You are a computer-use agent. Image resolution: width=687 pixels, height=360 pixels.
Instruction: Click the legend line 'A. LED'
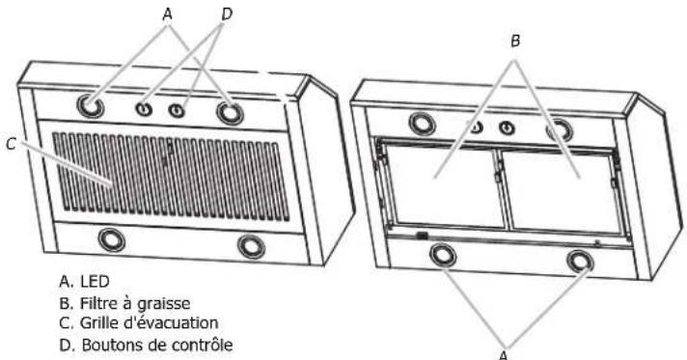pos(85,283)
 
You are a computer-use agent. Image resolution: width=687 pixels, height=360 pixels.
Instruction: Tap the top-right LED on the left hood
pos(231,114)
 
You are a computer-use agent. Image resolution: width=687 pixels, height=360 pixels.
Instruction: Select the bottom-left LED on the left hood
pos(112,238)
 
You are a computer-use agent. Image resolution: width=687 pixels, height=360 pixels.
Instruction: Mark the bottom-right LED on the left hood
pos(252,246)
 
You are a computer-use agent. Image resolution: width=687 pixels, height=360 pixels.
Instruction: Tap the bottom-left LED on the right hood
pos(443,256)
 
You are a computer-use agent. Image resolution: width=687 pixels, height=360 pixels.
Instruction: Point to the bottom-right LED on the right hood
pos(580,262)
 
